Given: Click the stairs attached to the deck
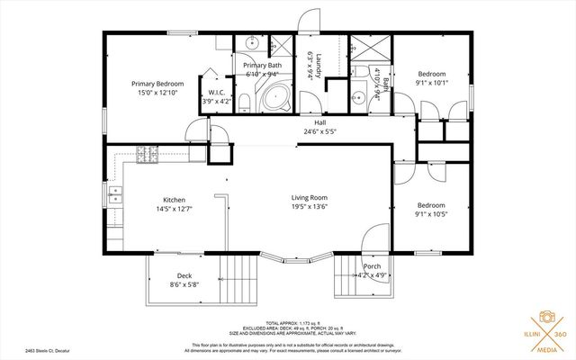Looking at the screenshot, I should click(x=240, y=275).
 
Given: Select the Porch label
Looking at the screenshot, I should click(x=372, y=267).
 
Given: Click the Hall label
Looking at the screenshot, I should click(x=319, y=122).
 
